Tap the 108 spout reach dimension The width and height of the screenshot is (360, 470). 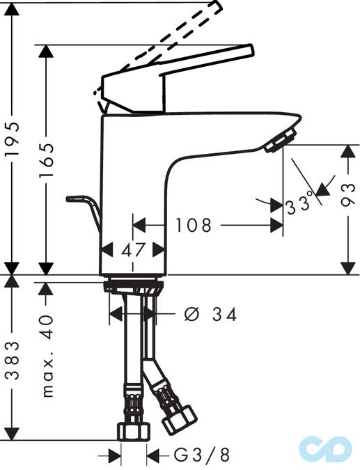tap(193, 226)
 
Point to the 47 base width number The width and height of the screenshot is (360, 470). tap(132, 249)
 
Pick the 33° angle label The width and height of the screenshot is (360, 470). tap(300, 205)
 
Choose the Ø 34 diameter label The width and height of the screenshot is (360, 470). tap(210, 315)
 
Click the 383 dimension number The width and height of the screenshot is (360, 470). tap(12, 360)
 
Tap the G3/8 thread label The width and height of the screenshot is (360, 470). tap(201, 456)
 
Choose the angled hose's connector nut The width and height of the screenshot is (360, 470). tap(180, 418)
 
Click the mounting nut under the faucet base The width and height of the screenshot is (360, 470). tap(133, 286)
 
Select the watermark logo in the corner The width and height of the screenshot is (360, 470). tap(325, 450)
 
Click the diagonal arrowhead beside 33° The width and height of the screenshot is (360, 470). tap(322, 188)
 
